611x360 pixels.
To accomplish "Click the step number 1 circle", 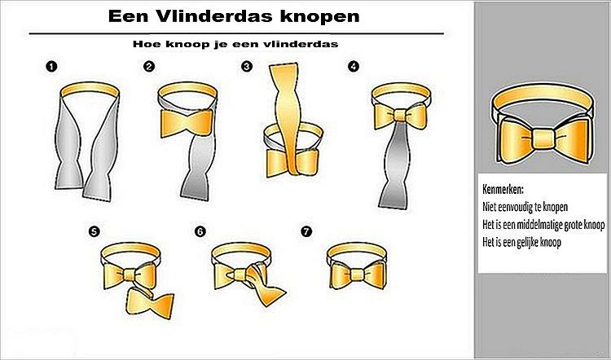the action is point(51,67).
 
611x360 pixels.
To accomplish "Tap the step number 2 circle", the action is point(149,67).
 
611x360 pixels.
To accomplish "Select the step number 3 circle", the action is point(247,67).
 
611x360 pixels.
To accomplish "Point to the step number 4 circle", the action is point(353,67).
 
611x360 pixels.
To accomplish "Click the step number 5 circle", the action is point(94,231).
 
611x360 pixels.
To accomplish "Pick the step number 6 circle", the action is point(200,231).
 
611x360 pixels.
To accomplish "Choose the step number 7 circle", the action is point(306,231).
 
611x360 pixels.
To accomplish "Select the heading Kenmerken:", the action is point(503,190).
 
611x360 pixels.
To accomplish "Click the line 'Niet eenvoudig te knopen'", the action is point(525,207).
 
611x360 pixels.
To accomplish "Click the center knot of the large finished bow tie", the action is point(543,139).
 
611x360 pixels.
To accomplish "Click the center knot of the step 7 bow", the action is point(357,274).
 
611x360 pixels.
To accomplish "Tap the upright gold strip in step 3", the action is point(288,118).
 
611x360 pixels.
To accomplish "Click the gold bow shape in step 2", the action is point(187,123).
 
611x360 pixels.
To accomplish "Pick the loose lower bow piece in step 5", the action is point(150,303).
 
